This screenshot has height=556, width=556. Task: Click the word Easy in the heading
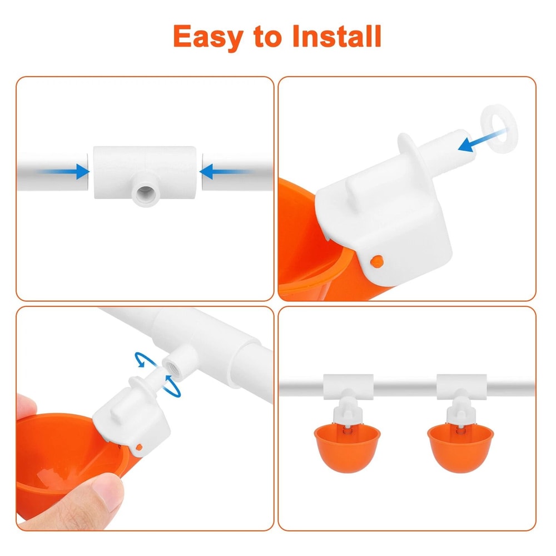coord(209,37)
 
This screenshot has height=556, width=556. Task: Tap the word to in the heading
coord(265,38)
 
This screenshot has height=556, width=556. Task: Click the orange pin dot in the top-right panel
coord(379,260)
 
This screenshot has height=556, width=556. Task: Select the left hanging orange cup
coord(346,447)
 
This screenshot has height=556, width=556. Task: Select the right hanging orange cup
coord(461,447)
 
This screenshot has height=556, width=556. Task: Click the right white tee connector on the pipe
coord(461,385)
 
